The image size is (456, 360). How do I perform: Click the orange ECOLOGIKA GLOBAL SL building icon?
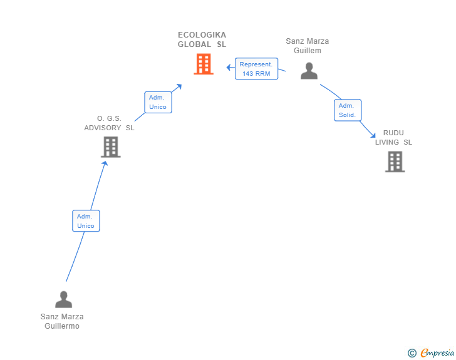point(204,64)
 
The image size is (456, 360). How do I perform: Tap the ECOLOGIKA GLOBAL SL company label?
point(202,39)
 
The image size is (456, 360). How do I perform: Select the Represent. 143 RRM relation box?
point(256,69)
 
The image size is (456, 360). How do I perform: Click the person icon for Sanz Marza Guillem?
point(309,71)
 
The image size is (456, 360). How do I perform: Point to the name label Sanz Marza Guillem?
point(307,46)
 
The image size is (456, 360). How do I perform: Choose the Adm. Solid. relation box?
point(347,110)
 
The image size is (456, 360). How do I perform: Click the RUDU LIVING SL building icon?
point(395,162)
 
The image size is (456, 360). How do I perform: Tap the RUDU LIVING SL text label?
point(393,138)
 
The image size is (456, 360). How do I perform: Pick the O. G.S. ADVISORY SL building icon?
point(111,147)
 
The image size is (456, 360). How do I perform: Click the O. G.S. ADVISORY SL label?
point(109,123)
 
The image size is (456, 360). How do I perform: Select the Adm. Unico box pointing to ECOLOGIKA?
point(158,102)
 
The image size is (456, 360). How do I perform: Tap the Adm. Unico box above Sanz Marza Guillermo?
point(86,221)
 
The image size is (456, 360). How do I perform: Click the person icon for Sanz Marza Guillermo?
point(63,299)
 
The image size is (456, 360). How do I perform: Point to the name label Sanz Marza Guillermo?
point(62,321)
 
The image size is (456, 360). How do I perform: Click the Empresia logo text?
point(437,352)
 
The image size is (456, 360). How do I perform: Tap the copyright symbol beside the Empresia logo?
point(412,353)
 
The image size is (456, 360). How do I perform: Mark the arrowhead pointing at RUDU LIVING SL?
point(373,135)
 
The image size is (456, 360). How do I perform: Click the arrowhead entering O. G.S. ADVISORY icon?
point(105,163)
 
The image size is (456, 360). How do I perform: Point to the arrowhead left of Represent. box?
point(229,67)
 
